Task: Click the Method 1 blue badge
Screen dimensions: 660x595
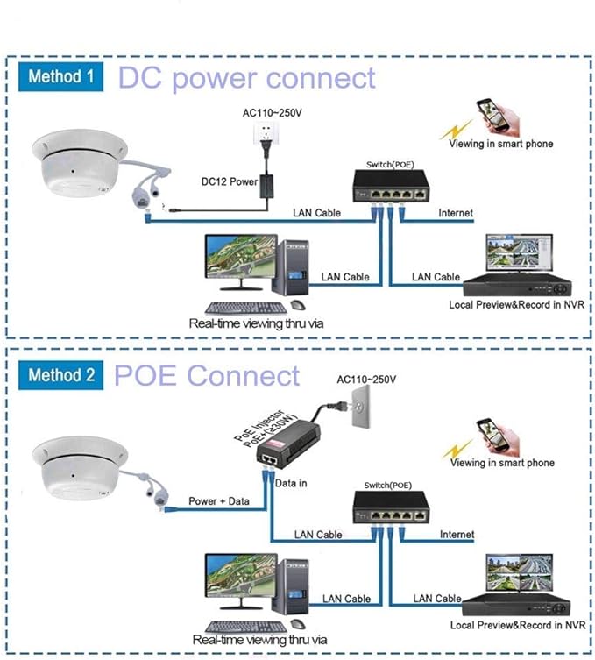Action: [x=60, y=76]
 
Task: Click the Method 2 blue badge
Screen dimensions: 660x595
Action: [x=60, y=376]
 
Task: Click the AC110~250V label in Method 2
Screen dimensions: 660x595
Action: [x=367, y=380]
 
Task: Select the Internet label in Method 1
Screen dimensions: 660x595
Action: [x=456, y=213]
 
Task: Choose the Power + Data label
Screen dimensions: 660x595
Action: [x=218, y=501]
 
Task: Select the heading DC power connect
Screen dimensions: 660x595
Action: [x=246, y=77]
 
